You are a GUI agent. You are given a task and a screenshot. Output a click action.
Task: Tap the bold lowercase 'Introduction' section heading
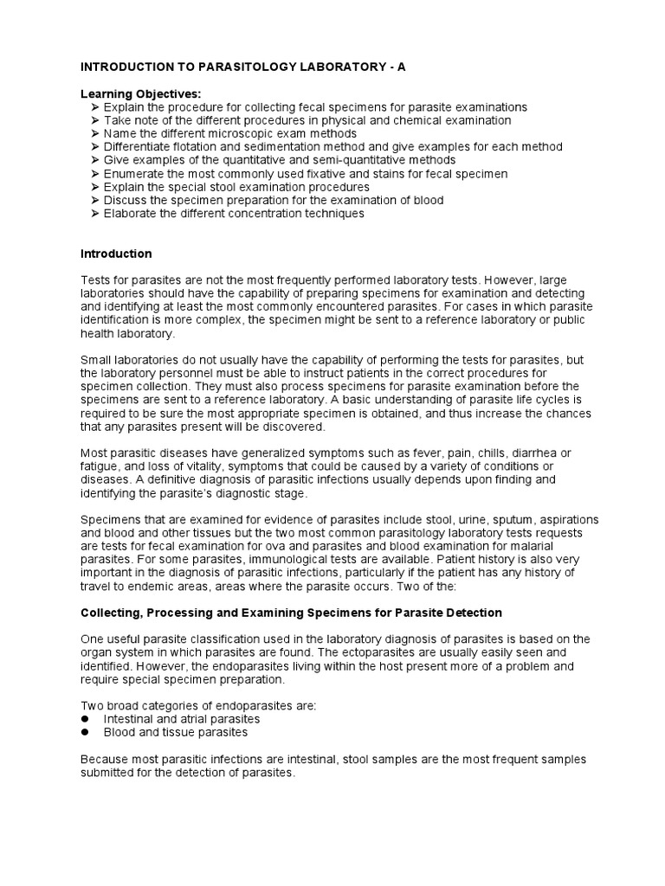coord(116,254)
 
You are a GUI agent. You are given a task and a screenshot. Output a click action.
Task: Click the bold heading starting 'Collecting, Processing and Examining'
coord(291,613)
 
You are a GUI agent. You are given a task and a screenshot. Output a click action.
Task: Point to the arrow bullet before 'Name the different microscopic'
coord(94,134)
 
